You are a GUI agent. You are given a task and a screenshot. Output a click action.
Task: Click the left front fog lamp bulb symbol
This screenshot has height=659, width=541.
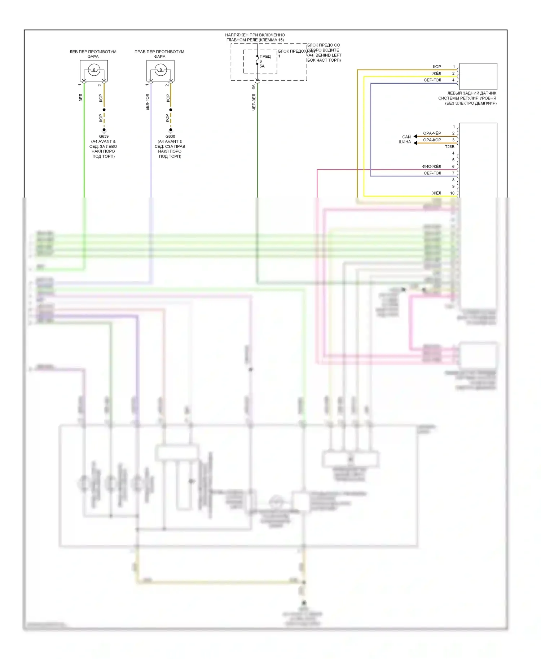tap(94, 70)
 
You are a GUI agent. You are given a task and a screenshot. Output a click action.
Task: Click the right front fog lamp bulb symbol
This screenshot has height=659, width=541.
tap(160, 70)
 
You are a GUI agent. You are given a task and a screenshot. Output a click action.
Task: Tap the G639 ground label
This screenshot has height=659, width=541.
tap(104, 137)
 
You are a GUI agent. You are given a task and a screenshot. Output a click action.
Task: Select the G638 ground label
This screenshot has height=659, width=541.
tap(170, 137)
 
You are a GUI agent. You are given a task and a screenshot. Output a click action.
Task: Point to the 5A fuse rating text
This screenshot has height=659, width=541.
tap(262, 66)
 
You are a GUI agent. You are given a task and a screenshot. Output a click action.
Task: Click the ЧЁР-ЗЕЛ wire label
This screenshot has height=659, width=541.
tap(254, 102)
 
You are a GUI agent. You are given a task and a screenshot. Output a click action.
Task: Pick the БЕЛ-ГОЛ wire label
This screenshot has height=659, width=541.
tap(148, 102)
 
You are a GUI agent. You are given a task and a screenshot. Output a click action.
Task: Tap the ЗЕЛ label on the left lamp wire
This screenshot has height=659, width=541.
tap(81, 97)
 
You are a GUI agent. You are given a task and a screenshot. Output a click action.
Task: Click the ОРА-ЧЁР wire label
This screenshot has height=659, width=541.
tap(432, 133)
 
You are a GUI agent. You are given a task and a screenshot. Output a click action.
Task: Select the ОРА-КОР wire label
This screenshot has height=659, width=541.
tap(432, 140)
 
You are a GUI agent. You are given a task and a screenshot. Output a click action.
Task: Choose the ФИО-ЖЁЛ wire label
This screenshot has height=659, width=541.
tap(431, 167)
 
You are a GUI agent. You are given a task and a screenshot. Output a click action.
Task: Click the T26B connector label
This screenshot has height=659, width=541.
tap(449, 147)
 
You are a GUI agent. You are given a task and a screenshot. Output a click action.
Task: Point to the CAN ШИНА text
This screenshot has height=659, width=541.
tap(405, 139)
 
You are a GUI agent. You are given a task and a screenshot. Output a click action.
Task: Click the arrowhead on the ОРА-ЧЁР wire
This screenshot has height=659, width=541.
tap(415, 136)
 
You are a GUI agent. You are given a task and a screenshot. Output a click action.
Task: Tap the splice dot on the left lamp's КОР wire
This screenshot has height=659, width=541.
tap(104, 110)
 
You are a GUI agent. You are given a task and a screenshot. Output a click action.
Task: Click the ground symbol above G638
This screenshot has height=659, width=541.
tap(171, 130)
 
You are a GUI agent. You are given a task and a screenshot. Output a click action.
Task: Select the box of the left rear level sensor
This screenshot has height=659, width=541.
tap(478, 76)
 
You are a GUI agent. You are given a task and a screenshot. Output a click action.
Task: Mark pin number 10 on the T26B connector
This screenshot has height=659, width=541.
tap(452, 193)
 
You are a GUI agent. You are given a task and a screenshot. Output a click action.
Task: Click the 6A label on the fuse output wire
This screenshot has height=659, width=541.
tap(254, 87)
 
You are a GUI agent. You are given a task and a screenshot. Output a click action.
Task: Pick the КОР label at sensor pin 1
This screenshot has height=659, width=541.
tap(437, 67)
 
